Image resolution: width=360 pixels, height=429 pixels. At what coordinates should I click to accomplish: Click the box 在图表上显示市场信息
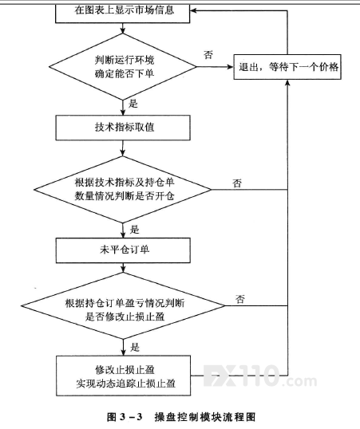[122, 13]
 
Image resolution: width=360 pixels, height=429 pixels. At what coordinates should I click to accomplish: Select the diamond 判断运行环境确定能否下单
[123, 66]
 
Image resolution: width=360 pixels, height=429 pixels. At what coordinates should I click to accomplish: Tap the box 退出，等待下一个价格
[287, 67]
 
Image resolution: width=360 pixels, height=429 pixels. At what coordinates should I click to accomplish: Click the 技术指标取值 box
[123, 128]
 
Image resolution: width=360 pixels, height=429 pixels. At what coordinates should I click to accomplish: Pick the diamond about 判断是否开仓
[122, 189]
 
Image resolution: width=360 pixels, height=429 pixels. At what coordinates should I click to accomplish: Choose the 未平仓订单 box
[123, 250]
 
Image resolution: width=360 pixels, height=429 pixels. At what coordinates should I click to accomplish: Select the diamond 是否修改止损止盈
[123, 305]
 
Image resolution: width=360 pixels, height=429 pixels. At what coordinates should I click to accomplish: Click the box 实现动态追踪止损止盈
[123, 376]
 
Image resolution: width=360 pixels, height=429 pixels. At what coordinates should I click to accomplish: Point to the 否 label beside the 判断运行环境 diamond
[208, 55]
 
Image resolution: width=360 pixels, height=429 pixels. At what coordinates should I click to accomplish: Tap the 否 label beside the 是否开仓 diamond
[237, 183]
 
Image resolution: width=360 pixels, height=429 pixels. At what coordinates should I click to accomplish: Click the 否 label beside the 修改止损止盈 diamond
[240, 299]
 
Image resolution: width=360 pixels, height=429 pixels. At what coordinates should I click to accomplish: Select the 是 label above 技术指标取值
[133, 104]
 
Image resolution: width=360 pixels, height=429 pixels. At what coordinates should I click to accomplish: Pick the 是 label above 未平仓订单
[135, 230]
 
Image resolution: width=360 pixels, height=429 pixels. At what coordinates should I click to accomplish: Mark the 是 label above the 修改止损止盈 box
[135, 347]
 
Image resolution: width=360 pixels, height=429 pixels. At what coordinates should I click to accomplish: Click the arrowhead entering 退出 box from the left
[230, 67]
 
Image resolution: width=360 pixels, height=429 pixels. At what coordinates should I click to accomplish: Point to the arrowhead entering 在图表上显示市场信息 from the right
[194, 10]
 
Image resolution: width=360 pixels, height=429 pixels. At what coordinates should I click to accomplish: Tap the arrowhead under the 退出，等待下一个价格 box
[287, 83]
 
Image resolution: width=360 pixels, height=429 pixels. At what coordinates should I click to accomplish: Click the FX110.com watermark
[260, 376]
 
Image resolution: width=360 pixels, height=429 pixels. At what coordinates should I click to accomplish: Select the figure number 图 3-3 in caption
[125, 417]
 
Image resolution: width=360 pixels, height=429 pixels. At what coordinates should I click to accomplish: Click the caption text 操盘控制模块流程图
[205, 417]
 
